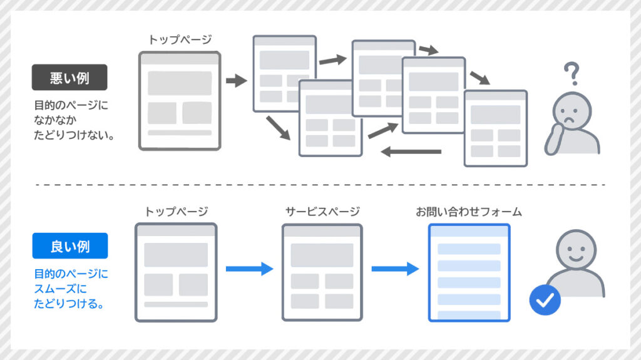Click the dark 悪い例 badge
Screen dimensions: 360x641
coord(69,78)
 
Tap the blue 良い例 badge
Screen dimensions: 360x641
coord(69,246)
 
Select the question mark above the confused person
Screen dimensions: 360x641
coord(570,74)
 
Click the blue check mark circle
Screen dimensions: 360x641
coord(545,300)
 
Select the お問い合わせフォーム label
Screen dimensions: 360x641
coord(469,212)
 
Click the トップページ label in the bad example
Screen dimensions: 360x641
coord(180,40)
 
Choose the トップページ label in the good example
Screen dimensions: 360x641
coord(176,212)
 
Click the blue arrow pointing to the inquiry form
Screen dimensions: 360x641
coord(395,269)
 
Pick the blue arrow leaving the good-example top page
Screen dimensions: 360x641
coord(249,269)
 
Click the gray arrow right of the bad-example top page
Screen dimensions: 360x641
coord(236,81)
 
